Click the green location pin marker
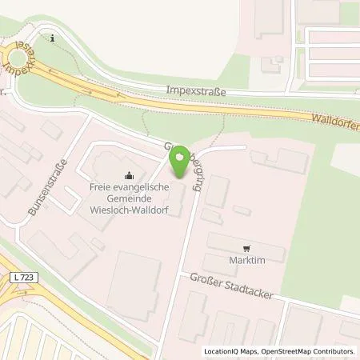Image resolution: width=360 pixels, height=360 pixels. point(182,160)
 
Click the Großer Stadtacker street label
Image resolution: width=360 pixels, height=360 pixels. point(231,285)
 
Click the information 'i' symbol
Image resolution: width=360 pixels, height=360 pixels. point(52,38)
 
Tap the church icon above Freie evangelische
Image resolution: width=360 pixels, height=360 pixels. point(128,176)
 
